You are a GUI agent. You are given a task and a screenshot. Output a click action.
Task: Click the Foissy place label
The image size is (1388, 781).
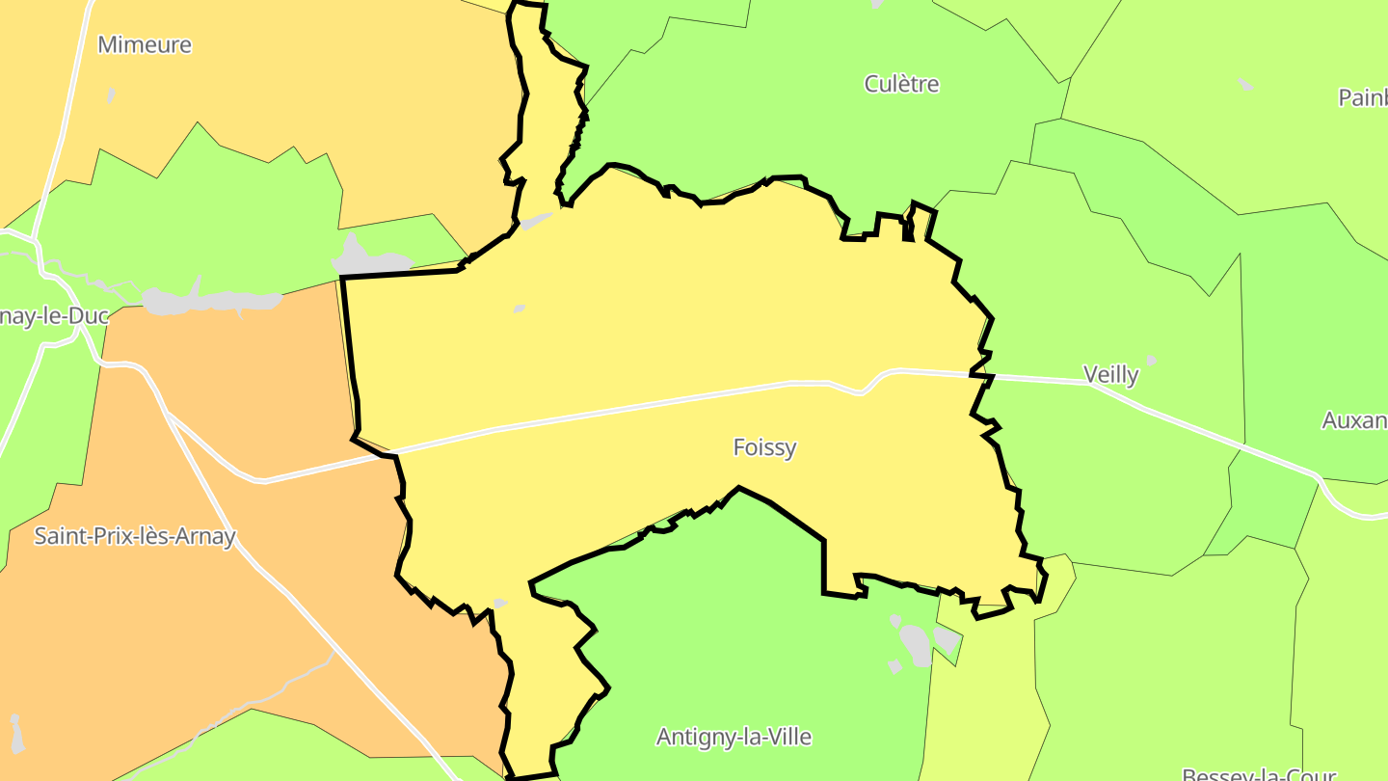coord(764,447)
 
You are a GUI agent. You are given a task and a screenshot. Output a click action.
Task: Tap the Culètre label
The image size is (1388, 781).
coord(901,84)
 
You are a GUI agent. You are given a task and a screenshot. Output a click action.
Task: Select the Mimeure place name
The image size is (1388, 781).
coord(145,44)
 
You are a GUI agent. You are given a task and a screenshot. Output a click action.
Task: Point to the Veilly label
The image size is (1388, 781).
coord(1110,374)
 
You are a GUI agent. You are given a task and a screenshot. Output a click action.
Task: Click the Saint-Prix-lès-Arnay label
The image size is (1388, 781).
coord(135,536)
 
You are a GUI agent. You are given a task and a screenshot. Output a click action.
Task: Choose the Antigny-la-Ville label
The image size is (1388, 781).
coord(734,737)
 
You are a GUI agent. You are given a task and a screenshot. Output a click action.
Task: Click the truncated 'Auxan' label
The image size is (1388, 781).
coord(1354,420)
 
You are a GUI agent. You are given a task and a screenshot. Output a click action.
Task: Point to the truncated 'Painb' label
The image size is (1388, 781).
coord(1363,97)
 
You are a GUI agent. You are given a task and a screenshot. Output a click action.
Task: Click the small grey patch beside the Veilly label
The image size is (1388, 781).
coord(1150,361)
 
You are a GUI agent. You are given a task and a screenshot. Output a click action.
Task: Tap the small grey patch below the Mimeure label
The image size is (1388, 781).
coord(112,95)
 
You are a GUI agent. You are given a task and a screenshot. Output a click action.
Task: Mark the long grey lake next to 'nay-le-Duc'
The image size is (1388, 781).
coord(212,301)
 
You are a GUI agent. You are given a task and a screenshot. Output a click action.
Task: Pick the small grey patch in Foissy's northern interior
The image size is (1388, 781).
coord(520,309)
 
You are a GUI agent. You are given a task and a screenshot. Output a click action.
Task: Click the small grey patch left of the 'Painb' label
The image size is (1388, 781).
coord(1245,85)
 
